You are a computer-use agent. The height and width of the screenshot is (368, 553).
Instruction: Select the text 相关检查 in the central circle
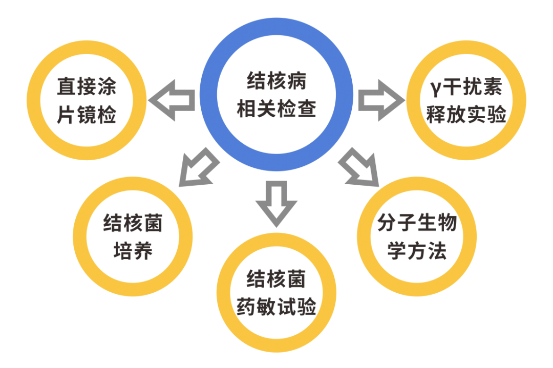[x=276, y=109]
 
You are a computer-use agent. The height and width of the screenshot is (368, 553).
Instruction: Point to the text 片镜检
[x=87, y=115]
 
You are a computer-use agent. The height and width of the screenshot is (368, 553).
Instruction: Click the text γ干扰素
[x=465, y=88]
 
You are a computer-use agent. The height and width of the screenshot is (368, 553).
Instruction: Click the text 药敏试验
[x=276, y=308]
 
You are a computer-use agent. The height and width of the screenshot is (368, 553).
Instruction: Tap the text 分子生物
[x=416, y=224]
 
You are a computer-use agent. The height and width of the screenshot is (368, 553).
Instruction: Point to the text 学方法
[x=416, y=251]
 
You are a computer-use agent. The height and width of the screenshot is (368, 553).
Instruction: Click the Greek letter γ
[x=434, y=89]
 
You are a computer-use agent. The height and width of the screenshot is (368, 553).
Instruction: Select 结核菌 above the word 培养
[x=133, y=224]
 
